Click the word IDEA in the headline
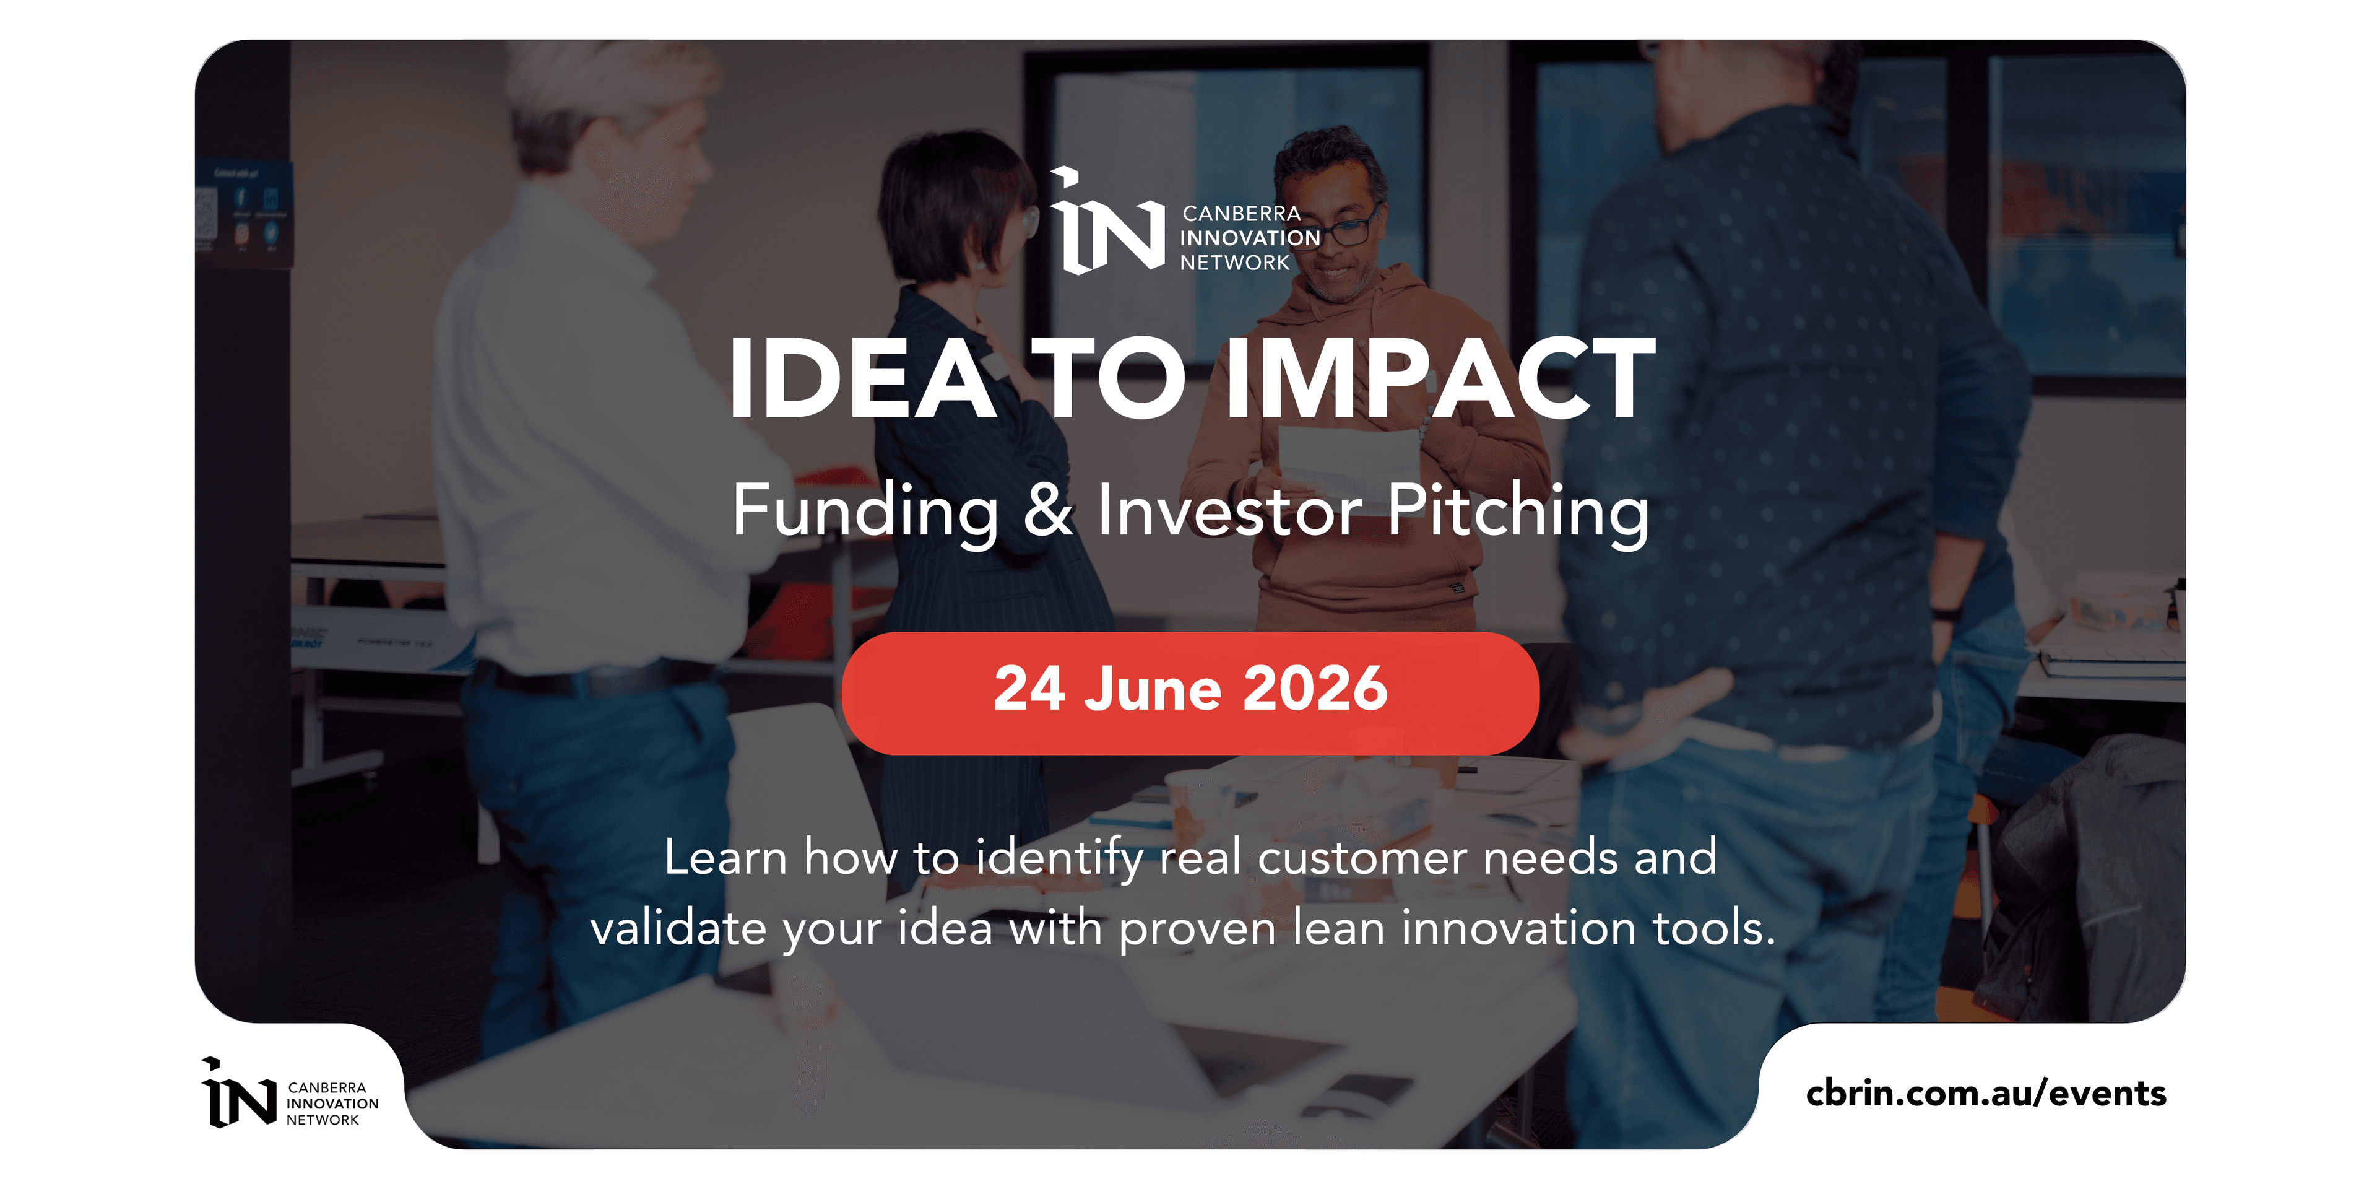tap(862, 378)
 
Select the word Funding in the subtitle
tap(865, 512)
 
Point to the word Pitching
tap(1518, 512)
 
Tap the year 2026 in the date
tap(1315, 689)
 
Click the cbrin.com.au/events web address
tap(1986, 1093)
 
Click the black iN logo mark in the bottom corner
tap(239, 1093)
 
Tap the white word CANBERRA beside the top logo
tap(1241, 213)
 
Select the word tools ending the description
tap(1713, 928)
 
